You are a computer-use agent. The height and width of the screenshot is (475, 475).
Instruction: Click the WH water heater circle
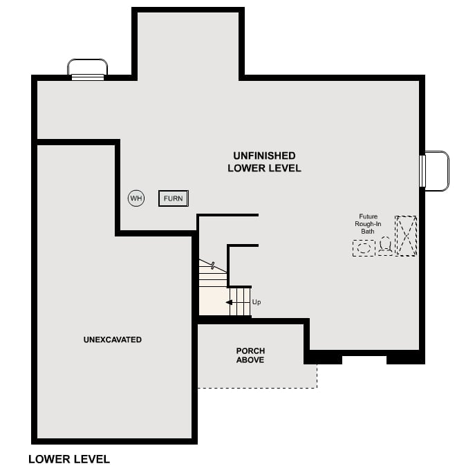pos(136,198)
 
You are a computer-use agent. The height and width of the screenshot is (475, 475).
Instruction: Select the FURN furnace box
pos(173,198)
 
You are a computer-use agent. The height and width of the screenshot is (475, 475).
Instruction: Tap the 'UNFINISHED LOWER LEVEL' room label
pos(264,162)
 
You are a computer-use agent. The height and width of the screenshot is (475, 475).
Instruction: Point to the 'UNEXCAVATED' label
pos(113,339)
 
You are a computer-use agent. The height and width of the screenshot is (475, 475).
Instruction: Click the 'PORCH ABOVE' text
pos(250,355)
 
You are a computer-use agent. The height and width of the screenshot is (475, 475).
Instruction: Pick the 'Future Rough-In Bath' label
pos(368,223)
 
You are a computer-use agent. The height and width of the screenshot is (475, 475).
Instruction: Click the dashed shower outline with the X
pos(406,236)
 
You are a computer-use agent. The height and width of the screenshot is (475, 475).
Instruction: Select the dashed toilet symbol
pos(384,245)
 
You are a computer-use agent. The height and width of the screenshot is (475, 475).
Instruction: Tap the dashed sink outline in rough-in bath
pos(364,248)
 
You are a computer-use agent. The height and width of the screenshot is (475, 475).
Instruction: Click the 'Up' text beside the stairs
pos(257,302)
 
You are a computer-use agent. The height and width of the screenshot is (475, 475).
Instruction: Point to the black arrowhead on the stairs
pos(229,302)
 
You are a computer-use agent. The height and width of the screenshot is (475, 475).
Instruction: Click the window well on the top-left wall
pos(87,69)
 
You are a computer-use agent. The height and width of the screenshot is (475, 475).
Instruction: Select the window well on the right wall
pos(436,171)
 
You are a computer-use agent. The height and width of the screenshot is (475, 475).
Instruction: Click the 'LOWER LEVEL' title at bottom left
pos(69,459)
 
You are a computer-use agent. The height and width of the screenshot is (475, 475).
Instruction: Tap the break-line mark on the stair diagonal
pos(213,265)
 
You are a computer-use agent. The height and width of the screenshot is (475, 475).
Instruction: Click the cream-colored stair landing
pos(214,301)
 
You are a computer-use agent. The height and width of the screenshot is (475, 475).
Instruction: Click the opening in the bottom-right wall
pos(364,358)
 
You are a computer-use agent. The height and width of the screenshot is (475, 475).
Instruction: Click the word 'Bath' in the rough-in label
pos(368,231)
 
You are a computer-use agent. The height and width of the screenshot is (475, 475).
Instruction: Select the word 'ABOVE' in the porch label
pos(250,360)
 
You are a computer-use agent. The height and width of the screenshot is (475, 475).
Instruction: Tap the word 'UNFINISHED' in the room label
pos(264,156)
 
